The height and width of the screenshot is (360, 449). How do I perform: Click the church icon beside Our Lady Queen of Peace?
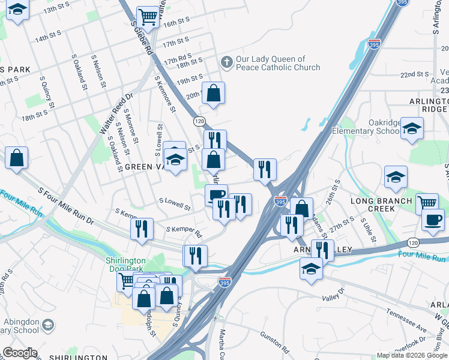click(x=226, y=62)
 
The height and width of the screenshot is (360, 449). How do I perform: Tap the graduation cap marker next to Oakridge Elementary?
click(x=412, y=128)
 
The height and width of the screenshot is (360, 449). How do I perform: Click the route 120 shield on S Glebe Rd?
click(x=199, y=122)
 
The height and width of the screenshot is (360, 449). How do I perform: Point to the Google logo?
click(x=20, y=353)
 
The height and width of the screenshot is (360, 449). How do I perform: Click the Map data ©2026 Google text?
click(x=412, y=355)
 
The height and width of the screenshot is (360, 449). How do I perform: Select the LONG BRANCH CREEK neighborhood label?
click(x=381, y=205)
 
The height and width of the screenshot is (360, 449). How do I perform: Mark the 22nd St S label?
click(x=415, y=74)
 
